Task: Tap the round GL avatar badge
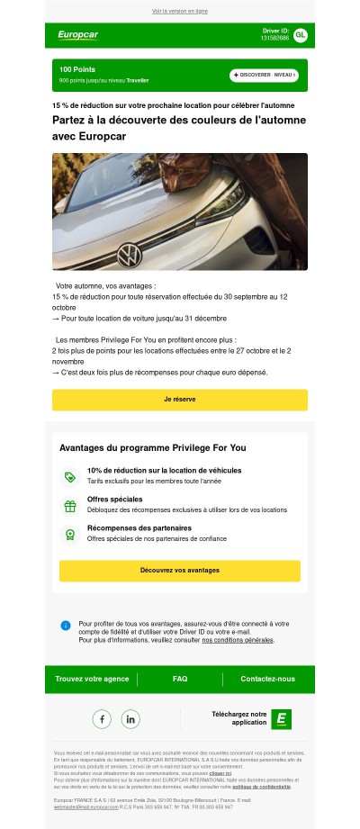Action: click(x=300, y=35)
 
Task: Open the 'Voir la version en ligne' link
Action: click(x=179, y=12)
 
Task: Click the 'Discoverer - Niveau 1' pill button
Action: click(x=263, y=75)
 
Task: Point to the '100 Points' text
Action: click(x=77, y=69)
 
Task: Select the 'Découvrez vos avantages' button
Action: click(x=180, y=571)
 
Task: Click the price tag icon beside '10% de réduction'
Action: click(x=69, y=477)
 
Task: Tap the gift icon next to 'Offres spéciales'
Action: click(x=69, y=506)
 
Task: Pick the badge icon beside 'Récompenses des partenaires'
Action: click(x=69, y=535)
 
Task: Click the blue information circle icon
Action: click(x=66, y=626)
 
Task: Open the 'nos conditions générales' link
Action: click(x=238, y=640)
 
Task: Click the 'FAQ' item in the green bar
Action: click(x=180, y=679)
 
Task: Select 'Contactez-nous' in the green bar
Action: click(x=267, y=679)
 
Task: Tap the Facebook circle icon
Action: click(x=102, y=719)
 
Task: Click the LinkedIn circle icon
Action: click(x=130, y=719)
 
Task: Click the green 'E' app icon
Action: click(x=282, y=718)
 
